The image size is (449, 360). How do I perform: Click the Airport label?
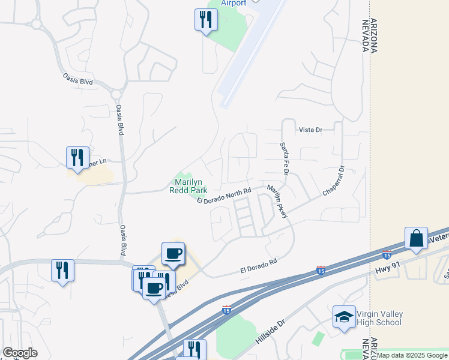pyautogui.click(x=234, y=4)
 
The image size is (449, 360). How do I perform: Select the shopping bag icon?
pyautogui.click(x=416, y=239)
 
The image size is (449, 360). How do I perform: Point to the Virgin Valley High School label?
pyautogui.click(x=379, y=319)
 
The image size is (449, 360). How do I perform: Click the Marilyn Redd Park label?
pyautogui.click(x=191, y=186)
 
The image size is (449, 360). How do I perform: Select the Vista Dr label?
pyautogui.click(x=310, y=130)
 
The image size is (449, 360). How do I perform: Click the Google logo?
pyautogui.click(x=20, y=353)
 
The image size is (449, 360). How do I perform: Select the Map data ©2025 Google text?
pyautogui.click(x=412, y=355)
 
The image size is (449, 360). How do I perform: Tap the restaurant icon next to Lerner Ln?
pyautogui.click(x=77, y=157)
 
